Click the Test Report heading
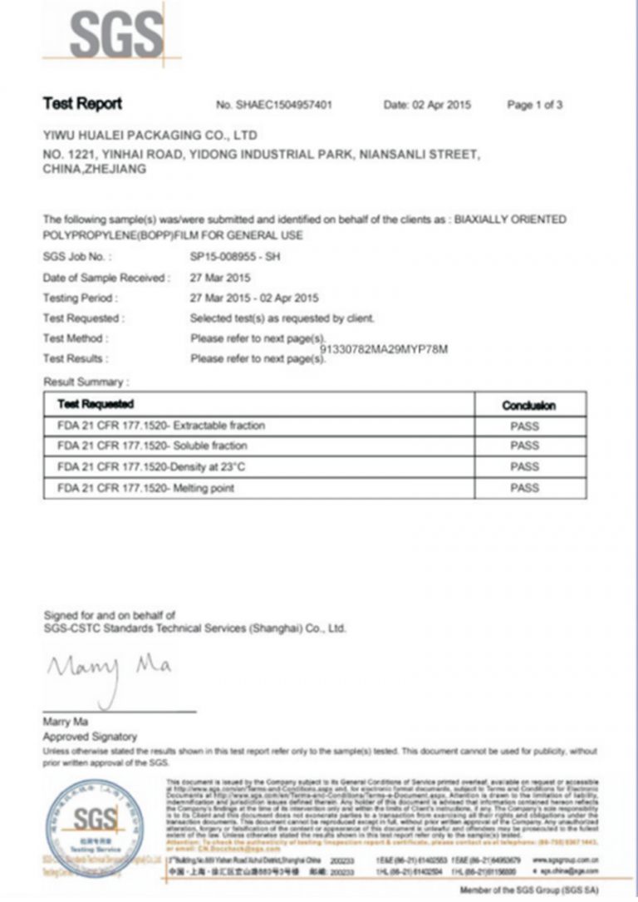click(x=82, y=104)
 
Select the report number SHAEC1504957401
click(x=282, y=106)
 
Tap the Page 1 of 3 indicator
click(x=535, y=106)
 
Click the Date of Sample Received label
click(x=106, y=278)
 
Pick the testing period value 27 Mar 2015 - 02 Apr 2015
click(x=254, y=298)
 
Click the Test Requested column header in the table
click(x=96, y=404)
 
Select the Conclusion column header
click(x=529, y=405)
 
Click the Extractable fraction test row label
click(x=161, y=426)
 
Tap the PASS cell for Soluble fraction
click(x=525, y=446)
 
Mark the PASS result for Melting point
click(x=525, y=488)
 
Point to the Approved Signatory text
click(x=90, y=737)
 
